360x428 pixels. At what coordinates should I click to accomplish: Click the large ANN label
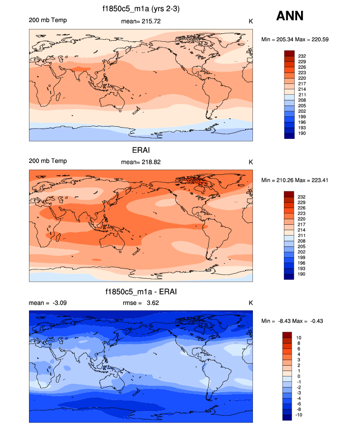tap(290, 16)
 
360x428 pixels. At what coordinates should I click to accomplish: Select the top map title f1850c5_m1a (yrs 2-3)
tap(140, 8)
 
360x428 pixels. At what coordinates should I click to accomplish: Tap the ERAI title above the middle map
tap(140, 150)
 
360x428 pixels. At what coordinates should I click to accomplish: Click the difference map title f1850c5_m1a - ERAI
tap(140, 292)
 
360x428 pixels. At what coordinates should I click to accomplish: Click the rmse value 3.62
tap(151, 303)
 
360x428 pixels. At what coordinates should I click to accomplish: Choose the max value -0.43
tap(312, 321)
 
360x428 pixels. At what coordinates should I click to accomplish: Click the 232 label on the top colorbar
tap(302, 56)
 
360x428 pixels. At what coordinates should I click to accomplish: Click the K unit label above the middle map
tap(250, 162)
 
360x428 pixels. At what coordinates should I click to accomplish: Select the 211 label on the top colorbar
tap(302, 94)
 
